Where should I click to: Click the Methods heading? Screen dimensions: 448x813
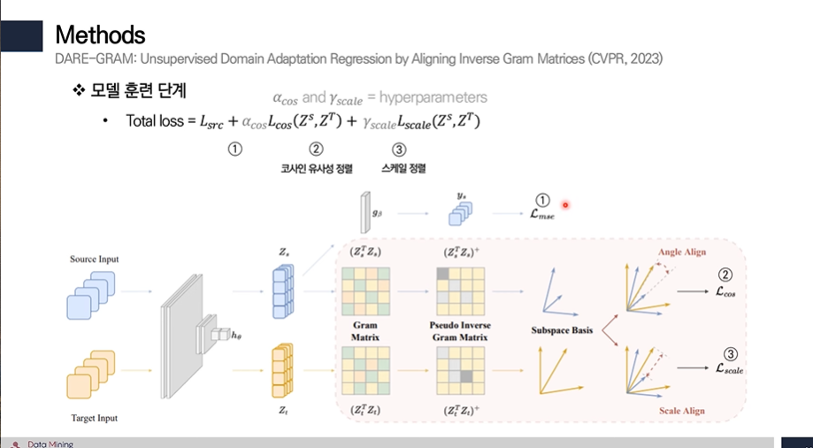(x=100, y=35)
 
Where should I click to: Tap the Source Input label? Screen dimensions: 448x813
(x=94, y=259)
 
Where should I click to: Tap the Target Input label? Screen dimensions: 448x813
(x=94, y=417)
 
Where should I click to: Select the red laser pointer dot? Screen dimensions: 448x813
(x=565, y=205)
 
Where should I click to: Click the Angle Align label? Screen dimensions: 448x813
(x=682, y=252)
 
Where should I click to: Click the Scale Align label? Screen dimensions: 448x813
(x=682, y=411)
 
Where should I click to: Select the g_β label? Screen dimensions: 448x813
(x=377, y=212)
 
